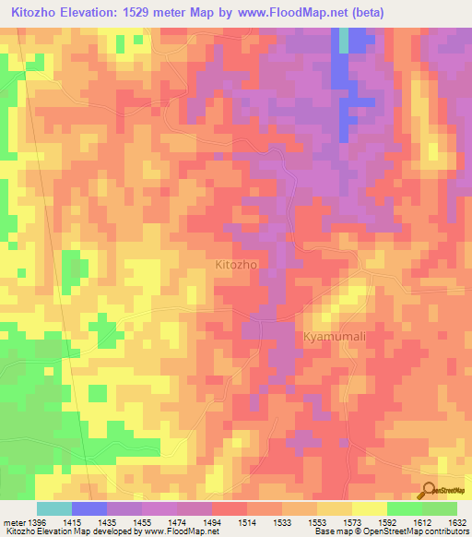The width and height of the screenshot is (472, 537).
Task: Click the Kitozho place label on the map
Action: (235, 264)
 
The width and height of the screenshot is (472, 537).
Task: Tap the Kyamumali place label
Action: (335, 337)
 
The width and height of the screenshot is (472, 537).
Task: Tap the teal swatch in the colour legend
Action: (53, 508)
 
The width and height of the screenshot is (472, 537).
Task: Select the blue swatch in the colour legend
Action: (88, 508)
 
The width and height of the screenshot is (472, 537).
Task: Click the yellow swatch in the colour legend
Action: (370, 508)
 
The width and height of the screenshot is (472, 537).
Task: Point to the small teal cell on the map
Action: (344, 40)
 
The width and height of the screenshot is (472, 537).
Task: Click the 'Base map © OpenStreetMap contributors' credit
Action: (390, 532)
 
